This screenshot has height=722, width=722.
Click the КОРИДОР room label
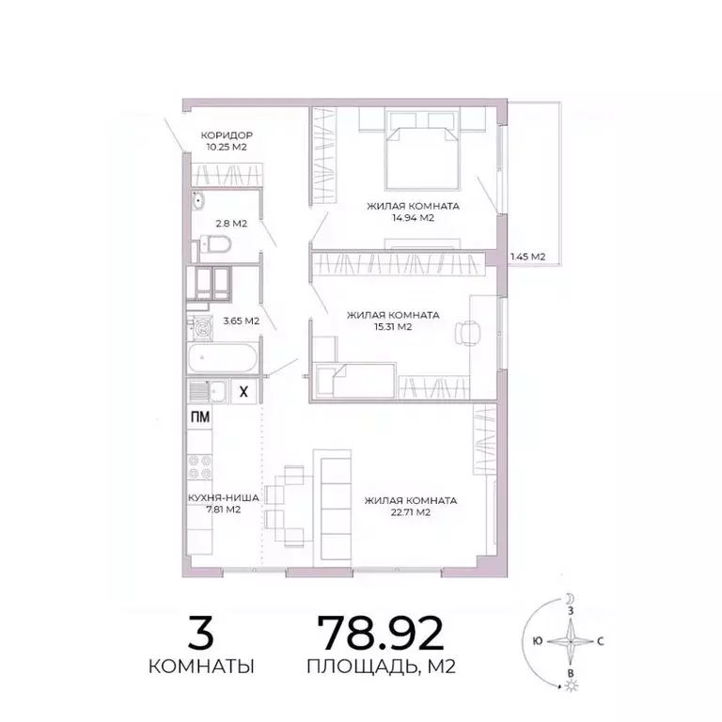pos(229,135)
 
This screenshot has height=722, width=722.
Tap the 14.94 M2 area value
pos(413,217)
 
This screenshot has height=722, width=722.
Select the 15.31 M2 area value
pos(393,327)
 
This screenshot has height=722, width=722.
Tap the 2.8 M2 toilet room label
pos(231,224)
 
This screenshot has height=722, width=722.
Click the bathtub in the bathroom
pos(222,359)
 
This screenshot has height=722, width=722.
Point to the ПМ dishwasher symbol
pos(199,417)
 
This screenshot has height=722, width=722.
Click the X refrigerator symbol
pos(243,392)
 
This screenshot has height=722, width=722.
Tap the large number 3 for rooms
pos(200,634)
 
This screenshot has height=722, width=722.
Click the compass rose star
pos(569,644)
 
